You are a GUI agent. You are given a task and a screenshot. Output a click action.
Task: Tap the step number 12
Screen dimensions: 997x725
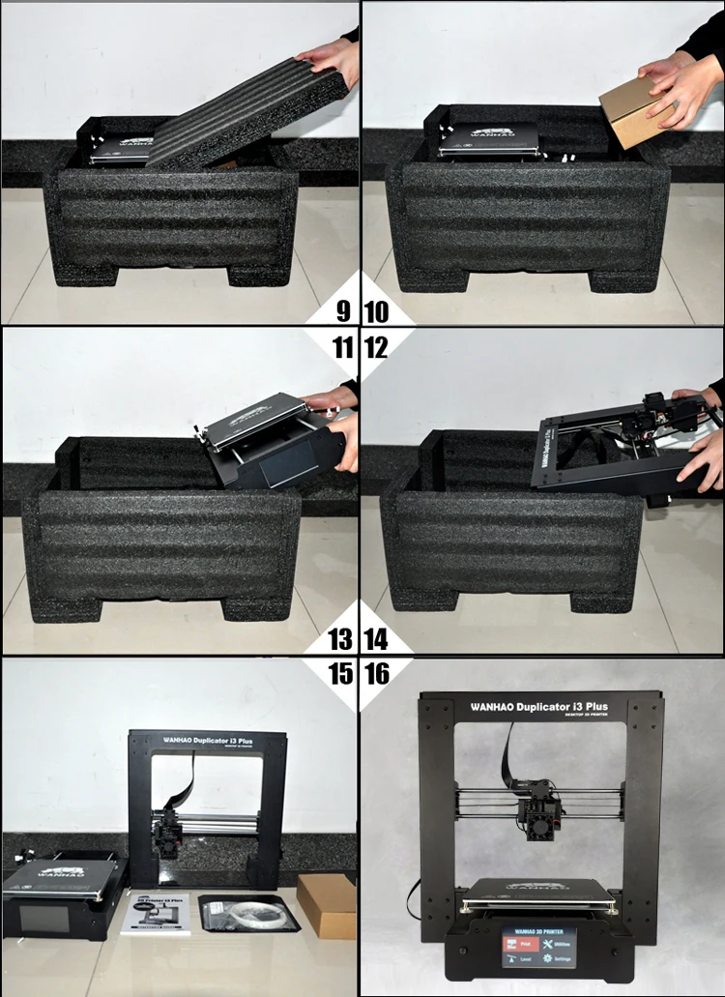[376, 346]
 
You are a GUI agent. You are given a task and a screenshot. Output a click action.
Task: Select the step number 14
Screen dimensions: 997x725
[376, 639]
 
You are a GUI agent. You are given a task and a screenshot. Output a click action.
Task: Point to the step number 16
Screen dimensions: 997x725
[376, 673]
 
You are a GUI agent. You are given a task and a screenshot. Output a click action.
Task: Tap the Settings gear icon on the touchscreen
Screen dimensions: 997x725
[555, 961]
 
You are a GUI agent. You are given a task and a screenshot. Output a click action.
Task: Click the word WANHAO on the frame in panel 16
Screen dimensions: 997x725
[495, 706]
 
